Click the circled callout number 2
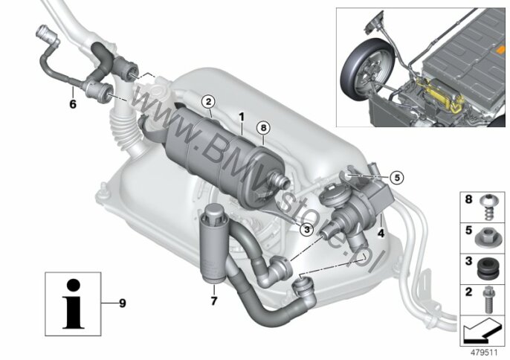coord(208,102)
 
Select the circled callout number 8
coord(263,128)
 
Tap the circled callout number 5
coord(397,177)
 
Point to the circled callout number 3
coord(306,230)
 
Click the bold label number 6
coord(73,104)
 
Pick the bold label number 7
coord(213,300)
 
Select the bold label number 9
coord(122,303)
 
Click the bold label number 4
coord(381,233)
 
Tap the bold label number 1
coord(242,117)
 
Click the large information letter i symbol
coord(74,303)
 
